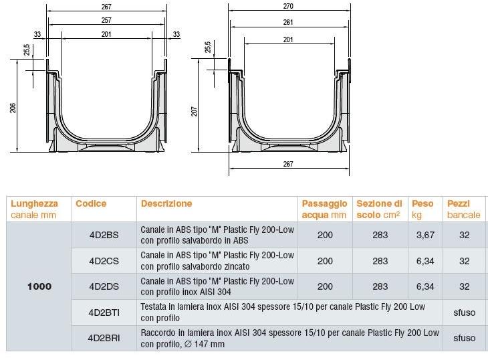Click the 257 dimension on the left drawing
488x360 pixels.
click(106, 20)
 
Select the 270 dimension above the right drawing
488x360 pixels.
click(288, 6)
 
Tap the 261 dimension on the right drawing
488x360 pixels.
click(288, 22)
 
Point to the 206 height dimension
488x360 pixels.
click(13, 108)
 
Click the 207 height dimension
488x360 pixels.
click(195, 111)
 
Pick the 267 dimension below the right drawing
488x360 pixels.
click(288, 164)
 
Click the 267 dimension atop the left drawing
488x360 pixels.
click(106, 7)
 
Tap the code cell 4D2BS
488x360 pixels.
click(104, 235)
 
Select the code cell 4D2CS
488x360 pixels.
click(104, 261)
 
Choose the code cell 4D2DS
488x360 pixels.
click(104, 286)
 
